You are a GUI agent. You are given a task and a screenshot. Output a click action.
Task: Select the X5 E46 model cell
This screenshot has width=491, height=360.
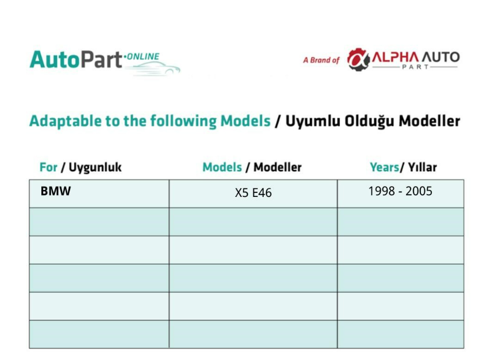[253, 193]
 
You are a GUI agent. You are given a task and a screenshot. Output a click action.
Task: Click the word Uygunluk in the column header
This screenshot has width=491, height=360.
[95, 168]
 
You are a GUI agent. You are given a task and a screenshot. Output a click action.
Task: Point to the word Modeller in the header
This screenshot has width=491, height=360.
[277, 167]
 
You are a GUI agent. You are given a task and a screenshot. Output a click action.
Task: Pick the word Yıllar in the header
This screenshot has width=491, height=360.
[422, 167]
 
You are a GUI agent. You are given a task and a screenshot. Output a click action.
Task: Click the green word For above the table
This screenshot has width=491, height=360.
[48, 167]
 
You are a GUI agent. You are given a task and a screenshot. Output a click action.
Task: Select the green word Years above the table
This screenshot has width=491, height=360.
[385, 167]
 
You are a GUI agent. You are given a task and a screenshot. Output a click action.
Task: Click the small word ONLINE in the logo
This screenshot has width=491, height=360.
[143, 57]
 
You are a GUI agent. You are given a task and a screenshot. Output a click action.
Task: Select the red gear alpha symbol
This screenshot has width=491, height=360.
[358, 59]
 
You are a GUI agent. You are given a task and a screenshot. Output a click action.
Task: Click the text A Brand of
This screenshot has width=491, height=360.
[321, 60]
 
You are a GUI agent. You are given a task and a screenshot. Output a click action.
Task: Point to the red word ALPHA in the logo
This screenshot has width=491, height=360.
[395, 57]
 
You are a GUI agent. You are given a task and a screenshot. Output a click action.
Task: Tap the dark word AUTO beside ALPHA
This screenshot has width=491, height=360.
[440, 57]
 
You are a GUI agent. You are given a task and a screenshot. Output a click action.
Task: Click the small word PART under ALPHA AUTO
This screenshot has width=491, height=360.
[415, 67]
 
